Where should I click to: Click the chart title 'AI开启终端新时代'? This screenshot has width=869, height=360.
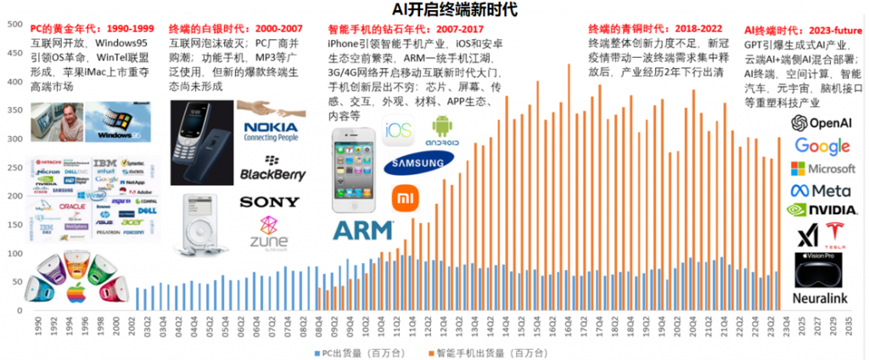coord(435,9)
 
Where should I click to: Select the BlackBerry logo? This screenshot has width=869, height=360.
coord(272,170)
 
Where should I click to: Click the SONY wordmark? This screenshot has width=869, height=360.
coord(269,202)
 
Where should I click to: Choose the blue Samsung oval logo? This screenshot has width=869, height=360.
coord(418,164)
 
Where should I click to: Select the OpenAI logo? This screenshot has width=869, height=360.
coord(821,124)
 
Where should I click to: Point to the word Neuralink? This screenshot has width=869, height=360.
coord(821,298)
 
